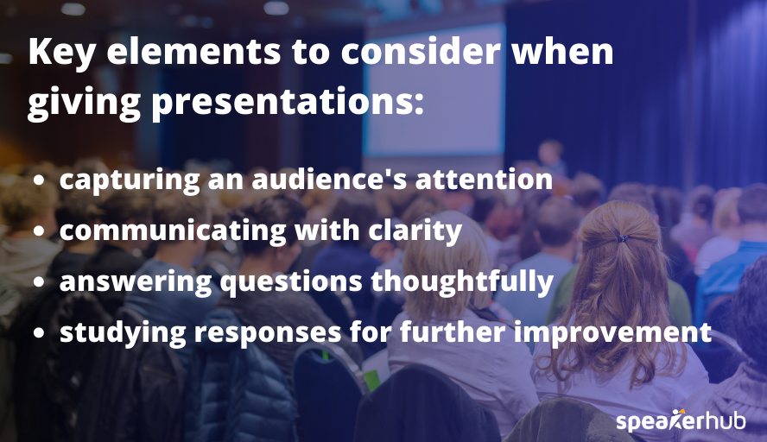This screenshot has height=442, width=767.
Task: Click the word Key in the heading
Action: (x=60, y=53)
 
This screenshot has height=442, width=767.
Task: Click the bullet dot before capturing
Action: (x=40, y=181)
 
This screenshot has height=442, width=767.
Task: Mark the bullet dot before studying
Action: (x=40, y=333)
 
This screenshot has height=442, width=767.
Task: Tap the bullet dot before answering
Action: (x=40, y=282)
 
